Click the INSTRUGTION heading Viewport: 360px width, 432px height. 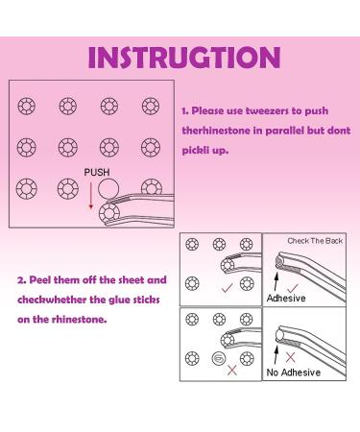[x=184, y=58]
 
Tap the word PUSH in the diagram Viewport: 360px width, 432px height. [x=97, y=173]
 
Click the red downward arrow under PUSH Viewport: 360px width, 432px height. [x=91, y=196]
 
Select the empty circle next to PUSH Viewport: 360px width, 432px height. [x=108, y=189]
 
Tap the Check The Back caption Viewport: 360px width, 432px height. [x=315, y=241]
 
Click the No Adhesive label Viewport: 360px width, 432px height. [x=294, y=372]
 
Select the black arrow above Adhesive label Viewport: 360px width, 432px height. [x=276, y=281]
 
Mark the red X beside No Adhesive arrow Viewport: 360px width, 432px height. [x=290, y=357]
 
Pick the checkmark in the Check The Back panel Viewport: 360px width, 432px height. [x=293, y=288]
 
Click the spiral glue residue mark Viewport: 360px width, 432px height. [x=219, y=358]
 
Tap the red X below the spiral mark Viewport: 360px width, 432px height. [x=232, y=371]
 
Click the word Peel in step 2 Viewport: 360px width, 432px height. [x=40, y=280]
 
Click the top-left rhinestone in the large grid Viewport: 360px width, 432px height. [x=26, y=106]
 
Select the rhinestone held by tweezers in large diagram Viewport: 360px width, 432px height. [x=109, y=212]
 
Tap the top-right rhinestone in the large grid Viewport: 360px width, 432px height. [x=151, y=106]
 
